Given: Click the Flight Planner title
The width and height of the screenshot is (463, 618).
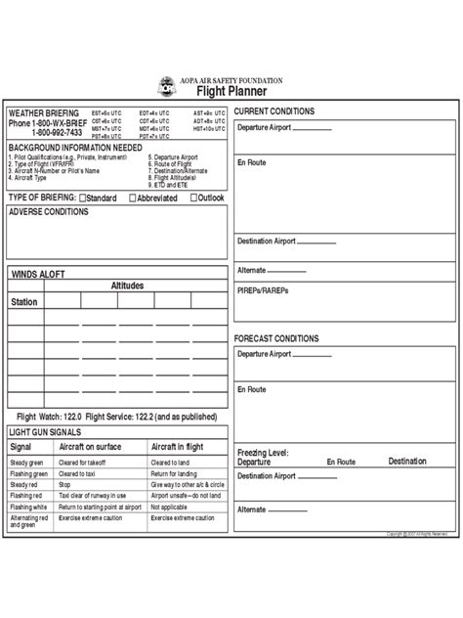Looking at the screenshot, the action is point(232,91).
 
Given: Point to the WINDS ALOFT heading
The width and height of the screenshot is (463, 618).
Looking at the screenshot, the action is point(38,276).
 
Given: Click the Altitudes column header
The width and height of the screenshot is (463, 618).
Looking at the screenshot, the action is point(128,285).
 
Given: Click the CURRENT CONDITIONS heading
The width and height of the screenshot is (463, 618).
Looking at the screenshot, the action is point(274,111).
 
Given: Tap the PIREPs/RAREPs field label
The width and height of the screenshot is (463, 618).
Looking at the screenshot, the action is point(261,291).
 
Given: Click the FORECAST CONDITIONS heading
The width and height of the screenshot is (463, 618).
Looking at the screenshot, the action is point(276,338).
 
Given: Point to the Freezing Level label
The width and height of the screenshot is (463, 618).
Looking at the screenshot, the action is point(263,453).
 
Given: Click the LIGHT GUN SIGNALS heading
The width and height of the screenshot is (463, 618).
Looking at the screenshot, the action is point(45,431).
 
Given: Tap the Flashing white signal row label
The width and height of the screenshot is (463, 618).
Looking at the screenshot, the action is point(29,508).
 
